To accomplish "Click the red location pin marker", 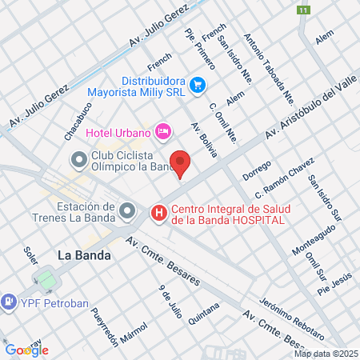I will pyautogui.click(x=181, y=163).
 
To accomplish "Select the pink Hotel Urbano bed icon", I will pyautogui.click(x=163, y=130).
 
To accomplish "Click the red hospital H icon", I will pyautogui.click(x=159, y=213).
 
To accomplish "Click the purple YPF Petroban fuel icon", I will pyautogui.click(x=10, y=302).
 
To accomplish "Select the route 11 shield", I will pyautogui.click(x=303, y=10).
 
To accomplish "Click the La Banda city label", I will pyautogui.click(x=84, y=256).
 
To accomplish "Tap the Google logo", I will pyautogui.click(x=26, y=350).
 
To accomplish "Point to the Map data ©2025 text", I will pyautogui.click(x=326, y=353).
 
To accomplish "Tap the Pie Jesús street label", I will pyautogui.click(x=334, y=282).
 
